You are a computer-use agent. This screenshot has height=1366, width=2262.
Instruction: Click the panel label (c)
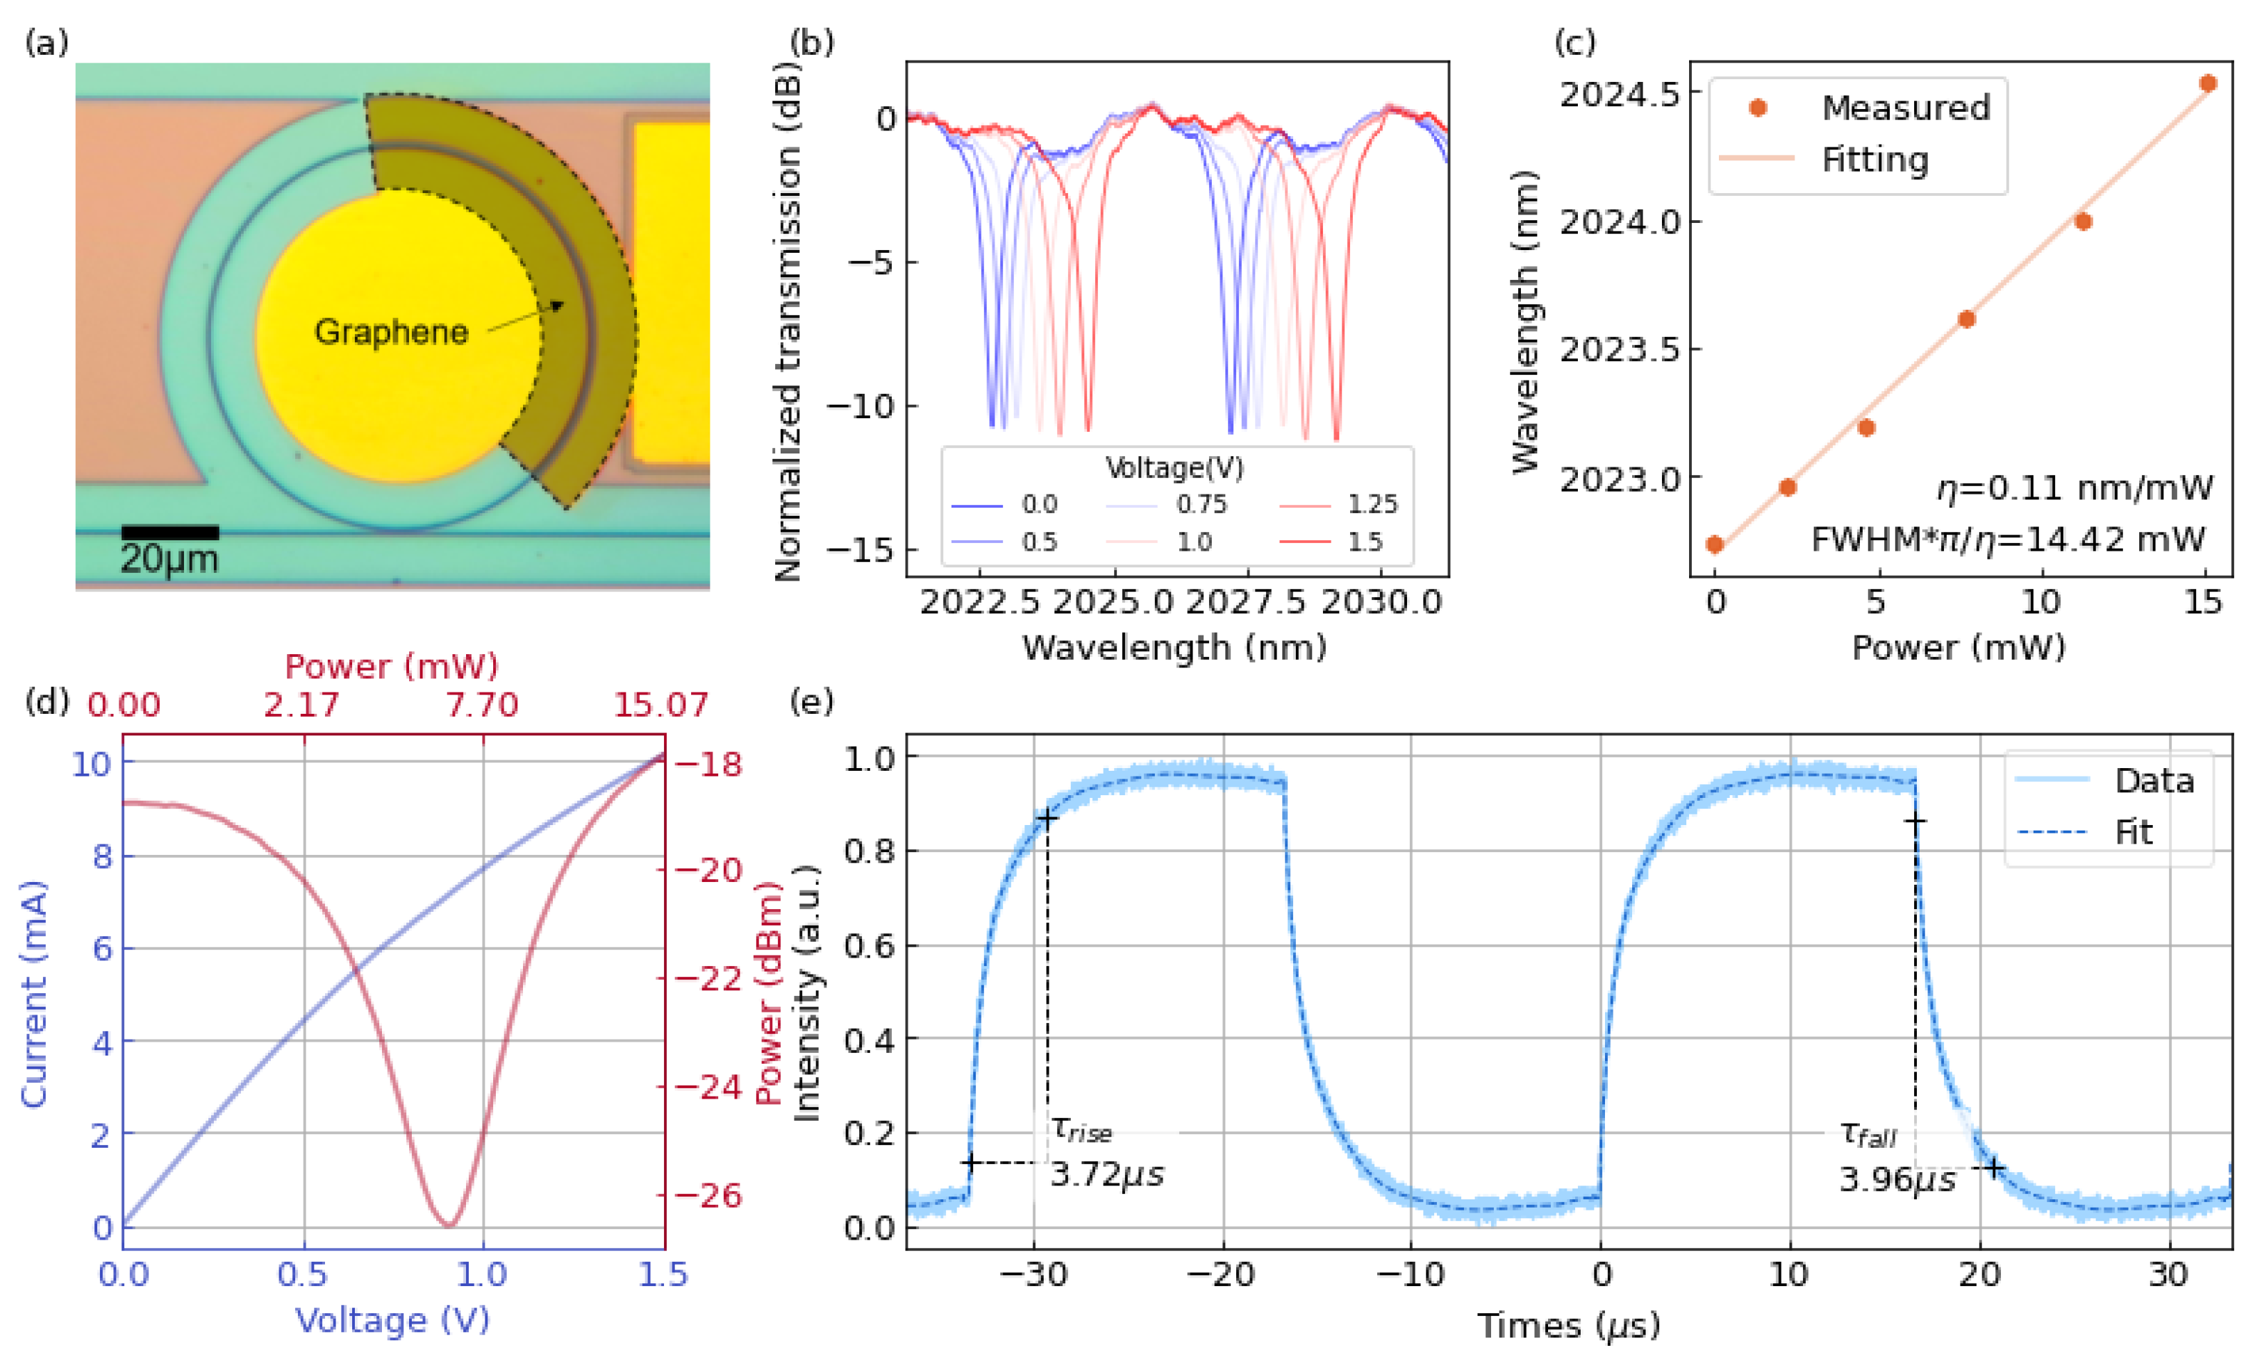tap(1574, 42)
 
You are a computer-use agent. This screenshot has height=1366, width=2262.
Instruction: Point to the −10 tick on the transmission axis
tap(860, 406)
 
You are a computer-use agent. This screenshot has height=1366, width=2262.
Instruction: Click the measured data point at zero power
tap(1714, 544)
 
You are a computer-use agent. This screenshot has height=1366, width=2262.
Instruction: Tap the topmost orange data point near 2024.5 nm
tap(2208, 83)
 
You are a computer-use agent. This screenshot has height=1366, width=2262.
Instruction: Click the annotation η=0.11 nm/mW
tap(2074, 488)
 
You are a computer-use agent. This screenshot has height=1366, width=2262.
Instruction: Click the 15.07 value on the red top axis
tap(661, 705)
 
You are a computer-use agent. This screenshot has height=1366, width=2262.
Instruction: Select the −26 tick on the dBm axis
tap(708, 1195)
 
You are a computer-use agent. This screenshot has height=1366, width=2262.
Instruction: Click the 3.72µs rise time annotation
tap(1106, 1174)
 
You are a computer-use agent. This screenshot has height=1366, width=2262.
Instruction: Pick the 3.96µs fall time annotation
tap(1897, 1178)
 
